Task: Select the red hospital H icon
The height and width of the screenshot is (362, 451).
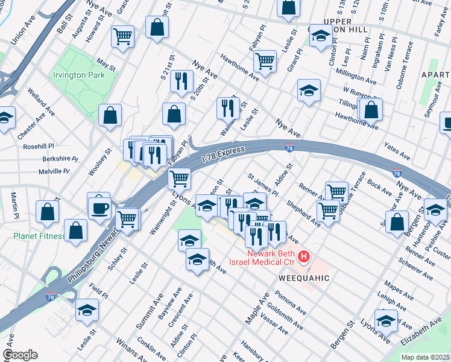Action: point(304,257)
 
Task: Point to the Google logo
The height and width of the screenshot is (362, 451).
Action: point(20,355)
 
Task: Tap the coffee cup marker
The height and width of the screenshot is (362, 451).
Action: point(99,208)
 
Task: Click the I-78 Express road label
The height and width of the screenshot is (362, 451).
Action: point(223,154)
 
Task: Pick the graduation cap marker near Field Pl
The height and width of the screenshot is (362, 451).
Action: point(87,311)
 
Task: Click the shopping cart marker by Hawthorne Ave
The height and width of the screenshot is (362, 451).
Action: point(265,60)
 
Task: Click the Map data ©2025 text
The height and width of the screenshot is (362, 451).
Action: point(424,357)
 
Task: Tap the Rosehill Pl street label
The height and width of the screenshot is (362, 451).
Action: point(39,146)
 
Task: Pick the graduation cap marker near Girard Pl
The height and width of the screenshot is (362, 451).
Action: point(309,91)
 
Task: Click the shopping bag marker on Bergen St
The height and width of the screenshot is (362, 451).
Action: point(397,221)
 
